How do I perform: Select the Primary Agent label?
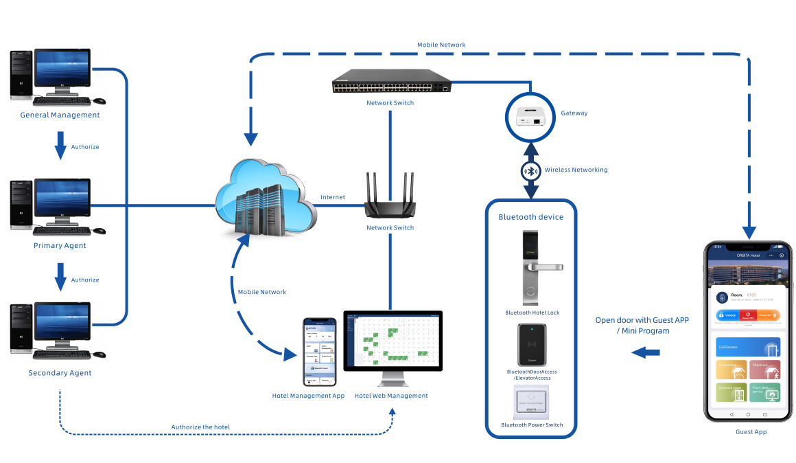click(x=60, y=245)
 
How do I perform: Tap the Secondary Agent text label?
click(x=60, y=373)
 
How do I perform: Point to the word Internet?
click(x=333, y=198)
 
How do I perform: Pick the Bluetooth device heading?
click(x=530, y=217)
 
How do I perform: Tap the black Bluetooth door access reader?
click(x=532, y=346)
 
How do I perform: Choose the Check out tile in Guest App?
click(x=764, y=370)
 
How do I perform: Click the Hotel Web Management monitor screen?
click(x=393, y=341)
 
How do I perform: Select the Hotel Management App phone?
click(x=320, y=351)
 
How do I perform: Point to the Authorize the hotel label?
click(x=200, y=427)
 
